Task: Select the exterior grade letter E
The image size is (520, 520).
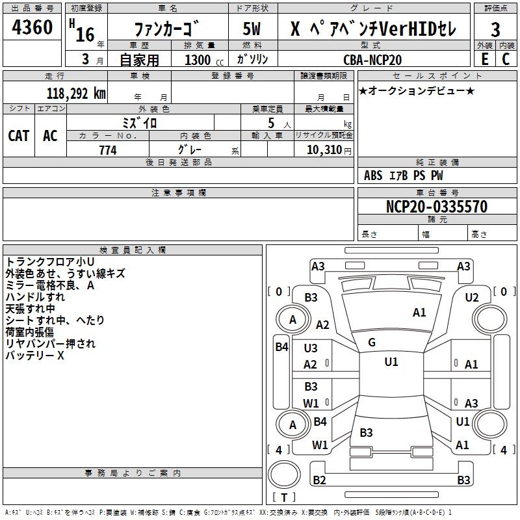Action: [484, 58]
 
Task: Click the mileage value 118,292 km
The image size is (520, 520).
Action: [76, 93]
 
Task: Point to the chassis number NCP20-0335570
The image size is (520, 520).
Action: [437, 207]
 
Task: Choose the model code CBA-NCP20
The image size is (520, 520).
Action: [372, 60]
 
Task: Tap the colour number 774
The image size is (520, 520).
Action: [108, 150]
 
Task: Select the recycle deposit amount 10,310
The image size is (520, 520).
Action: [324, 150]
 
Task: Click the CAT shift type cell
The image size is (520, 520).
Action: [19, 136]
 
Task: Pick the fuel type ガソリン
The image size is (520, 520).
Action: [252, 60]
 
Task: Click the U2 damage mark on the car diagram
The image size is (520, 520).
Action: [472, 297]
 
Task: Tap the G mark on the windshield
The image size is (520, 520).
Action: [372, 343]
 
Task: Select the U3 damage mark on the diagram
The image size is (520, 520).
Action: [311, 348]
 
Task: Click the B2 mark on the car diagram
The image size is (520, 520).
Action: [319, 480]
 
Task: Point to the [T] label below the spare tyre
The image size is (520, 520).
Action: [284, 498]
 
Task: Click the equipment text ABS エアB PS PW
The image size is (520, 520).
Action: [404, 175]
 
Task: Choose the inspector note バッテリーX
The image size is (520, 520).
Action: [35, 356]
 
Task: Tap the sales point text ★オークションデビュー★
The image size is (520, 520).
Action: [417, 90]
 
